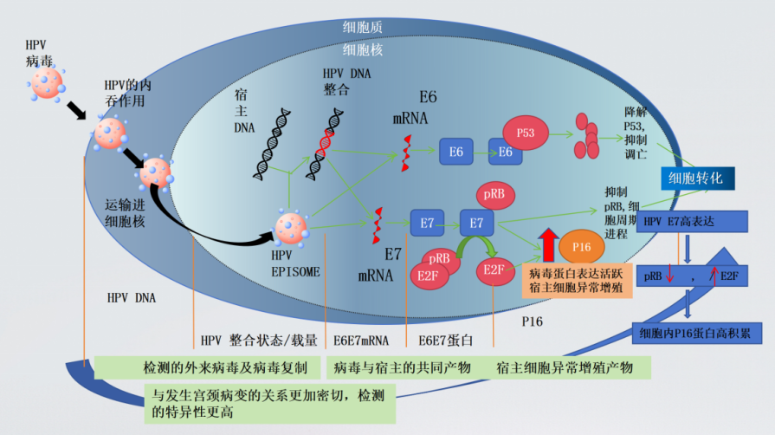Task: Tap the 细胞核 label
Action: pyautogui.click(x=363, y=50)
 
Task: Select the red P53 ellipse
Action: pyautogui.click(x=526, y=133)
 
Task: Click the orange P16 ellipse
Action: pyautogui.click(x=582, y=247)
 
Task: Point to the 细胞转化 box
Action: pyautogui.click(x=702, y=179)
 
